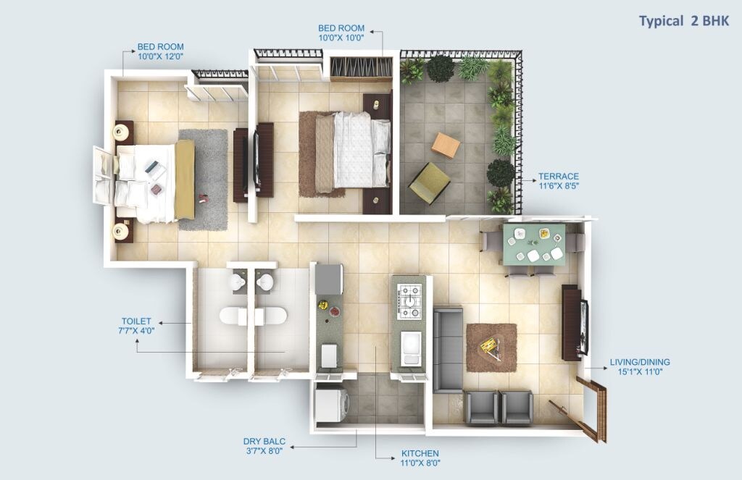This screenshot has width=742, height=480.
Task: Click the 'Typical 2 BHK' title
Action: pos(683,21)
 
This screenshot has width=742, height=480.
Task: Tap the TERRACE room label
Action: pos(559,176)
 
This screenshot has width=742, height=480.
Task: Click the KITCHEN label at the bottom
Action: pos(420,453)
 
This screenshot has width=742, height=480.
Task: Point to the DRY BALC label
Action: pos(264,440)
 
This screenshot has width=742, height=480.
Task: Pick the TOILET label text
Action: pos(136,321)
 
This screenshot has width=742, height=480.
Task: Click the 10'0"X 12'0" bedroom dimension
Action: pos(161,56)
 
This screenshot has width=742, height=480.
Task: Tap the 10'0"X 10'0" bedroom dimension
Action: pos(341,37)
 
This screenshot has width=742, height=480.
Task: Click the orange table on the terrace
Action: pos(446,145)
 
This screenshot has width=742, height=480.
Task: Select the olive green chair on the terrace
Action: pos(429,182)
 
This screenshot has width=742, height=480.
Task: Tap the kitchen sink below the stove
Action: pos(410,349)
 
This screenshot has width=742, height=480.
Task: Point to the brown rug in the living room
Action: pos(491,348)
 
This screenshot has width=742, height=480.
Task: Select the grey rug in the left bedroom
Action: pos(204,180)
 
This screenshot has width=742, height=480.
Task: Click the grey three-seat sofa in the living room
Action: pos(447,350)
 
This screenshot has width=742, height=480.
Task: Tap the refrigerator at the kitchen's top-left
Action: pos(329,279)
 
